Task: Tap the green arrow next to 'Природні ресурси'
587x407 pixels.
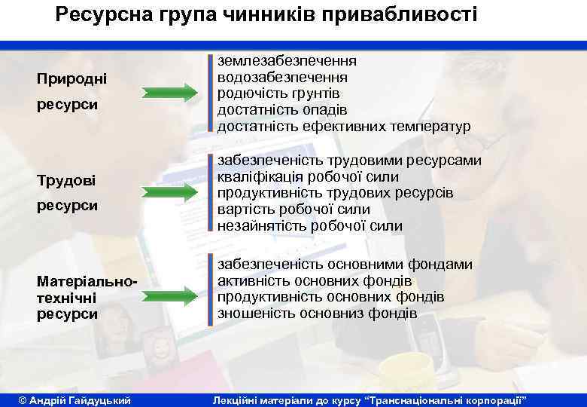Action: click(x=169, y=93)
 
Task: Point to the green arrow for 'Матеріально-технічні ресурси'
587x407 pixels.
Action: click(x=169, y=292)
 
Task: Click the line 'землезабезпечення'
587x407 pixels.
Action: click(x=287, y=60)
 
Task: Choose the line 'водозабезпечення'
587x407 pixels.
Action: click(x=282, y=77)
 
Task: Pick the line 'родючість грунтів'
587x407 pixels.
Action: click(x=278, y=93)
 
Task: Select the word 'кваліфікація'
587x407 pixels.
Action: click(x=260, y=176)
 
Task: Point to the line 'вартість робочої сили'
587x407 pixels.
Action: click(x=293, y=210)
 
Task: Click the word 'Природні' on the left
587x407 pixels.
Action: click(x=72, y=78)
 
